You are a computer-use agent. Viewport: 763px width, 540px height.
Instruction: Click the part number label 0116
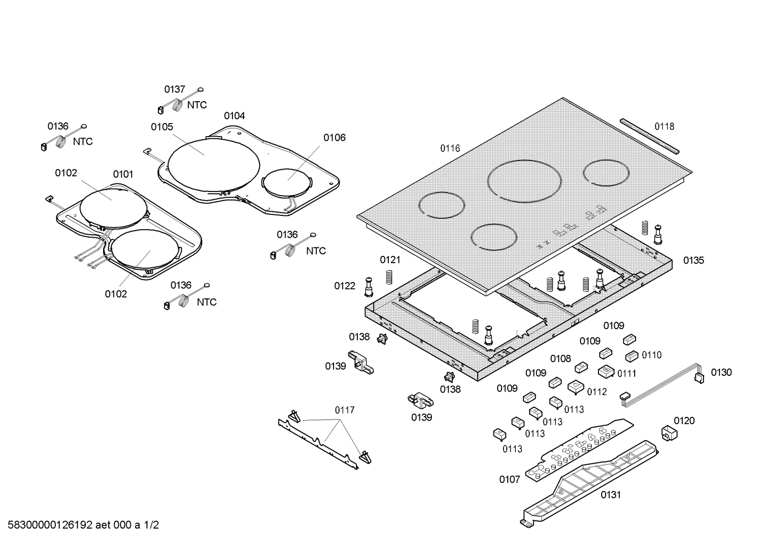[450, 148]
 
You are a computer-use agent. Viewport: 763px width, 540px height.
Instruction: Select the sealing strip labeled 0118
[650, 136]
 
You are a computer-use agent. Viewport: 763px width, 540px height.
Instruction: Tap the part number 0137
[175, 89]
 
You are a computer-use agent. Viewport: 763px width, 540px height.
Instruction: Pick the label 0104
[234, 116]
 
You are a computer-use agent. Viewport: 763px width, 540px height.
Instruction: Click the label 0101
[123, 174]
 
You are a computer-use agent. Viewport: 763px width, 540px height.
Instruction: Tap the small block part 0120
[669, 434]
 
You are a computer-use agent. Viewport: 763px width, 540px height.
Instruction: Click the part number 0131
[611, 495]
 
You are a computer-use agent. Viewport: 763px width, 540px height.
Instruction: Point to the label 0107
[509, 479]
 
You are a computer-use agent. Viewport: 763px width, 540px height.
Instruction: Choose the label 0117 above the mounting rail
[345, 410]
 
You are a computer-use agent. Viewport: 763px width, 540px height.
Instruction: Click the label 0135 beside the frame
[693, 260]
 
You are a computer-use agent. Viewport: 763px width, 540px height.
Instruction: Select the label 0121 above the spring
[390, 260]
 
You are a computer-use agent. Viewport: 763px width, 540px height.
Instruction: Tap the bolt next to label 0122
[368, 286]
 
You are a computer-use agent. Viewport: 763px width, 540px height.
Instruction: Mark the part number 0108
[560, 359]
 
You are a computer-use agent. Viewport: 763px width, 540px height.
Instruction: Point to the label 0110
[651, 355]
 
